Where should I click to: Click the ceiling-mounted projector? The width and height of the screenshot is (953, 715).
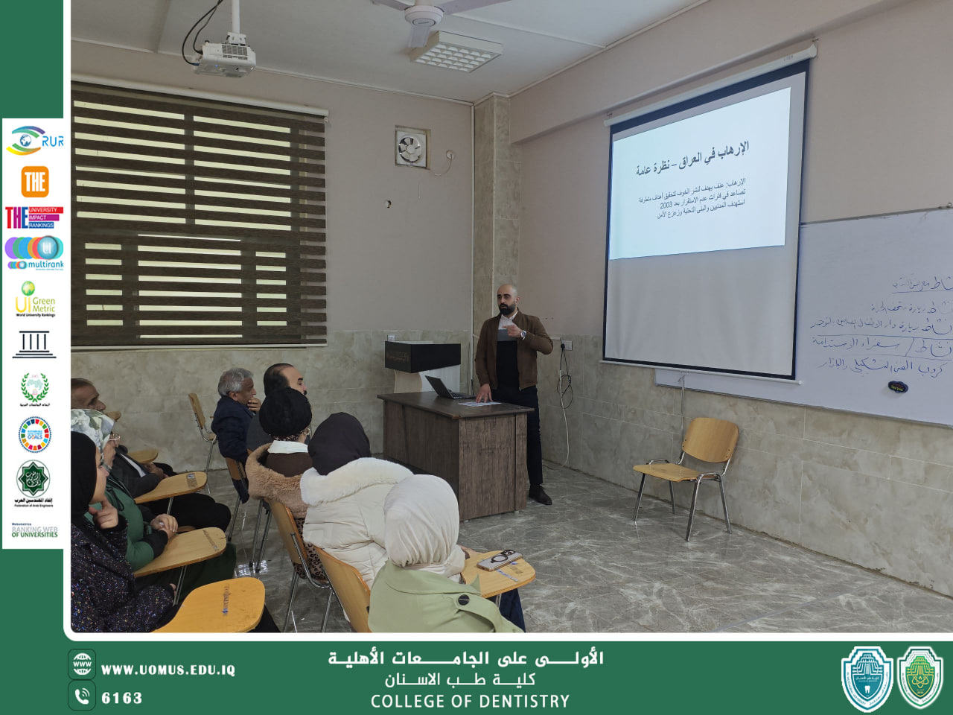[x=225, y=59]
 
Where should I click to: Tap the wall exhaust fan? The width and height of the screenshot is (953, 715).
[x=411, y=147]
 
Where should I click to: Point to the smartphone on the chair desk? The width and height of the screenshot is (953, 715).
[x=500, y=559]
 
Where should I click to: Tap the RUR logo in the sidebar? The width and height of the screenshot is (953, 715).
[x=35, y=140]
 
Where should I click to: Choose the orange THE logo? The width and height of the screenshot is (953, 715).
[x=35, y=181]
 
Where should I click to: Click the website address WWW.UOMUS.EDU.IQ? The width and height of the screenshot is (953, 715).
[x=168, y=670]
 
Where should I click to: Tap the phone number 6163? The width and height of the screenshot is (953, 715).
[x=121, y=698]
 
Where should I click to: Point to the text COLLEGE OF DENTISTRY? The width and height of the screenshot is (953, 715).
[x=470, y=702]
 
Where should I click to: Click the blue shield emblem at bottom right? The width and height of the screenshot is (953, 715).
[x=867, y=678]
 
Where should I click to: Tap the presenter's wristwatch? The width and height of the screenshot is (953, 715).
[x=524, y=334]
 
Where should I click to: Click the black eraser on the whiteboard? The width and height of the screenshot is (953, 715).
[x=897, y=387]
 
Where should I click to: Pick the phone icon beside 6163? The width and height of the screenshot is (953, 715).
[x=82, y=696]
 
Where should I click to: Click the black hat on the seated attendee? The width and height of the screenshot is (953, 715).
[x=284, y=413]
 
